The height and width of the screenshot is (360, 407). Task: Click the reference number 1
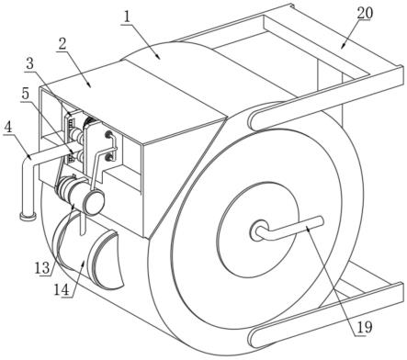(x=125, y=18)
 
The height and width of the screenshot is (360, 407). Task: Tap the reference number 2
(x=62, y=44)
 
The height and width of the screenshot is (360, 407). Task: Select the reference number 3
(x=29, y=64)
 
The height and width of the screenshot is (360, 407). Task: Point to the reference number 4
(x=8, y=127)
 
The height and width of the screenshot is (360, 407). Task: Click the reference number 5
(x=26, y=94)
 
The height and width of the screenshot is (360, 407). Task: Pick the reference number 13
(x=42, y=268)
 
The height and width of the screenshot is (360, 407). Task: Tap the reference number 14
(x=62, y=289)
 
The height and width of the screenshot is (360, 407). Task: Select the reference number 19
(x=364, y=327)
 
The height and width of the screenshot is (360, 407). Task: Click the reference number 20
(x=365, y=13)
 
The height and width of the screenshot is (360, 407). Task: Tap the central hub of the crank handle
(x=260, y=231)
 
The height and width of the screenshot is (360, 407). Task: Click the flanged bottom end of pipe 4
(x=28, y=216)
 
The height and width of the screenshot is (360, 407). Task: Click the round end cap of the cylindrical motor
(x=95, y=202)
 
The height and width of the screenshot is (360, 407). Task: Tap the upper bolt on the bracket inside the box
(x=108, y=134)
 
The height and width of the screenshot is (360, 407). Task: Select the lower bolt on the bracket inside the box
(x=108, y=157)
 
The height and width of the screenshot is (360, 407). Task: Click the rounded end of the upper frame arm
(x=255, y=121)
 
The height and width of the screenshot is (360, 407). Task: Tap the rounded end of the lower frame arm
(x=254, y=338)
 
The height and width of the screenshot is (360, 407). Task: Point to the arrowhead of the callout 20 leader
(x=344, y=46)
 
